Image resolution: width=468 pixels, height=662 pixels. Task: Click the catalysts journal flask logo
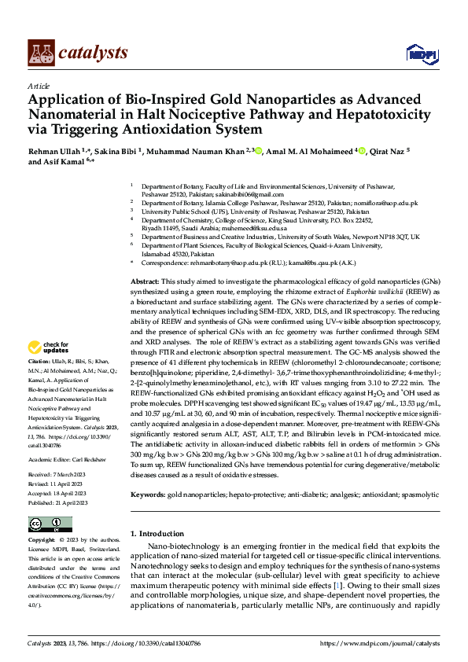41,52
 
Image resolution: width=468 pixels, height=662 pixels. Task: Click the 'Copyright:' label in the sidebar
43,541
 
